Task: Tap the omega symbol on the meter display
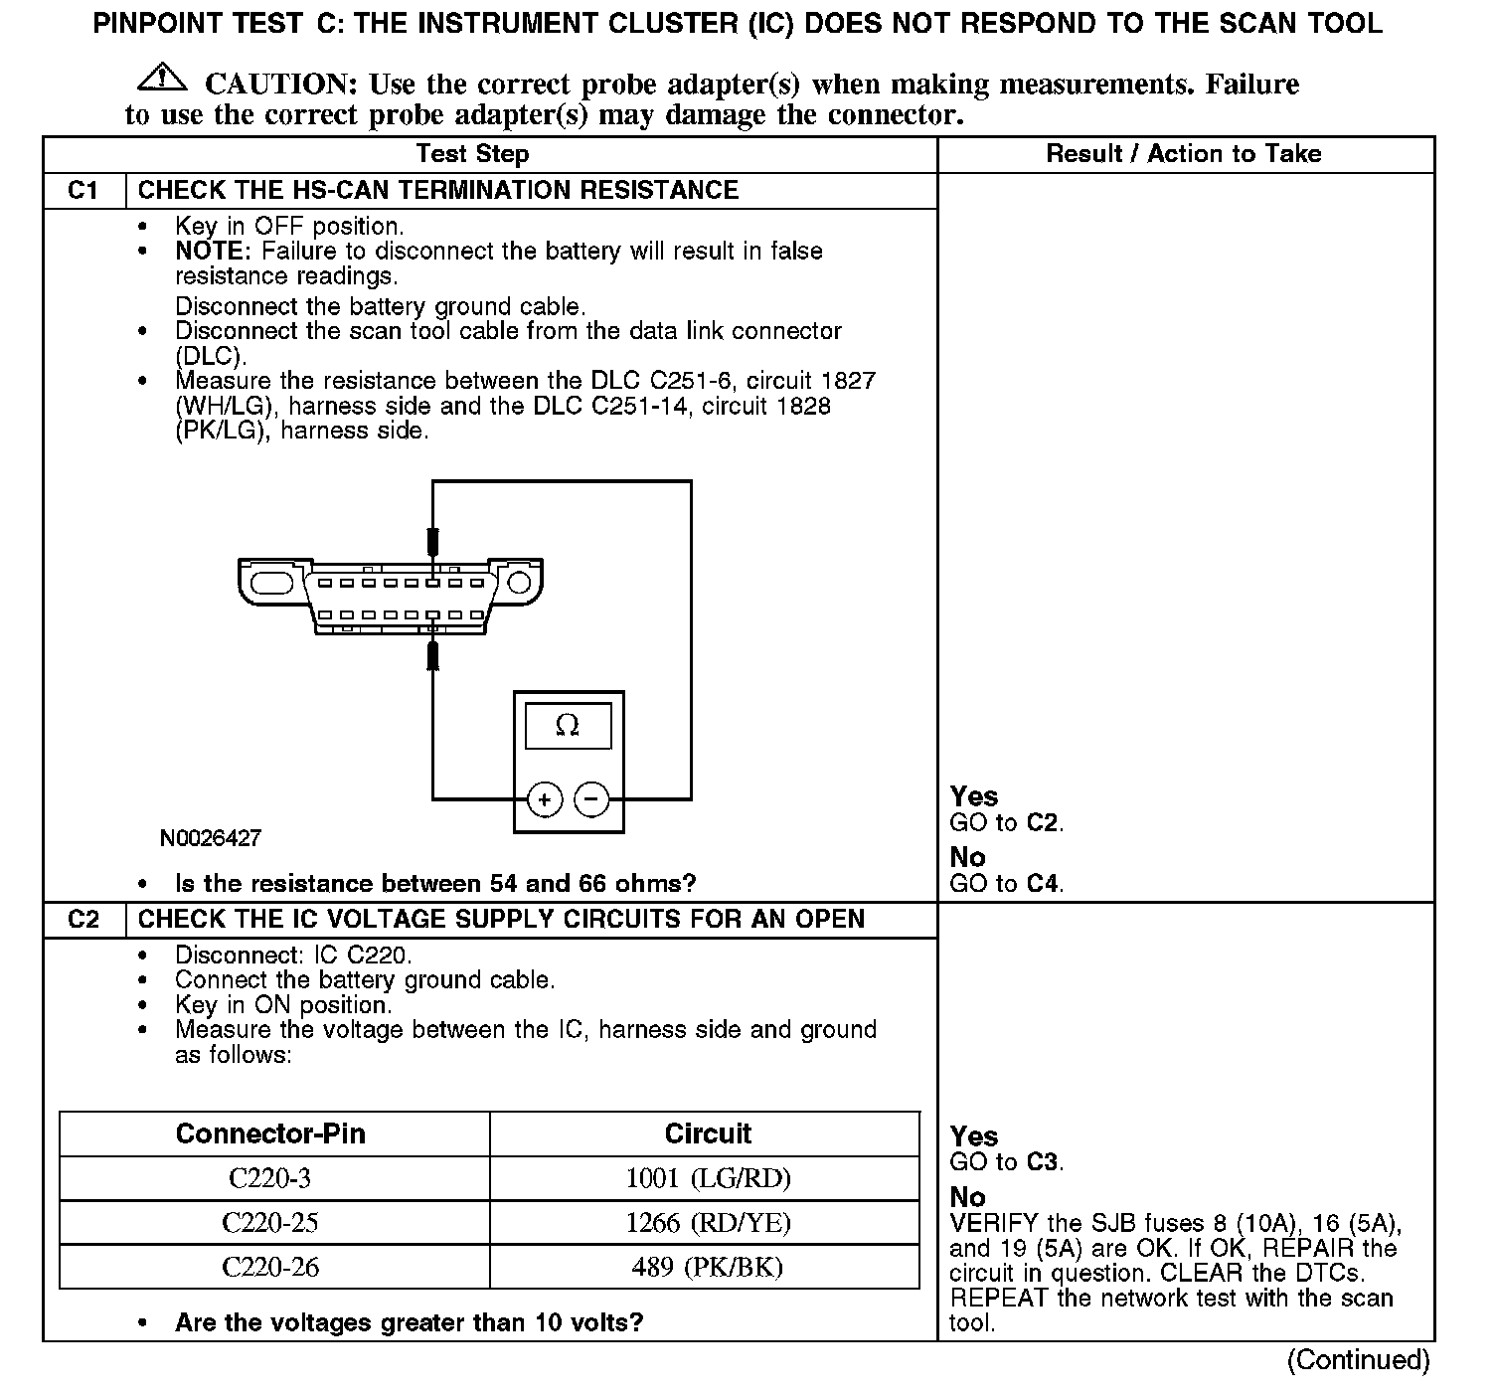coord(568,726)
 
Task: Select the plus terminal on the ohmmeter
coord(544,799)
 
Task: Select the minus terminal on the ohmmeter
coord(592,799)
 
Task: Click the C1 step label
coord(83,191)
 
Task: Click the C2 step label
coord(83,920)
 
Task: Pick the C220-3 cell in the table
coord(270,1178)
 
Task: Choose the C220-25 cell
coord(270,1223)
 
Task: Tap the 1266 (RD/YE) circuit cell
coord(708,1223)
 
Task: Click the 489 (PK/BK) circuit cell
coord(708,1268)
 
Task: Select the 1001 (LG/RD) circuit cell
coord(708,1178)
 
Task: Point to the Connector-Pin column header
coord(270,1133)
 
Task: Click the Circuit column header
coord(708,1133)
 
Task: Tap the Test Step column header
coord(472,154)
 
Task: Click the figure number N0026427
coord(211,838)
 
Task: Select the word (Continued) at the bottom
coord(1358,1360)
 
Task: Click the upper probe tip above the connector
coord(432,542)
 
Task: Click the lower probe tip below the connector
coord(432,655)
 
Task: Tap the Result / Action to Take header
coord(1184,154)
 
